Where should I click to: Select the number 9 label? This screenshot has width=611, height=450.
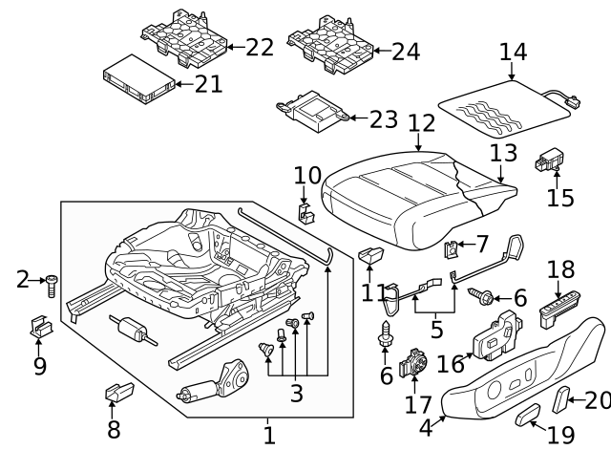tap(39, 365)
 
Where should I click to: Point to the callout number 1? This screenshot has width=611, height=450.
tap(269, 435)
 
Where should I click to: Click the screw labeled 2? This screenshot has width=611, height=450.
tap(53, 284)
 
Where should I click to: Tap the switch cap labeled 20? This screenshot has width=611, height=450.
tap(565, 398)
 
